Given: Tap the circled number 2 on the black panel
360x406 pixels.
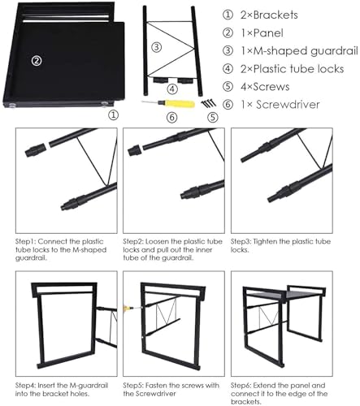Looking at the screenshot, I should click(36, 60).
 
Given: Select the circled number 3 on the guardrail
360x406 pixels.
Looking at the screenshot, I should click(156, 46).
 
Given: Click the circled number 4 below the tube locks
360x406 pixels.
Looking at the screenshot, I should click(171, 89).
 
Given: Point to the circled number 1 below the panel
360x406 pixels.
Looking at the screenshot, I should click(113, 115).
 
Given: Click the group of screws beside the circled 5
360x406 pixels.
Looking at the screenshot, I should click(210, 102).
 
